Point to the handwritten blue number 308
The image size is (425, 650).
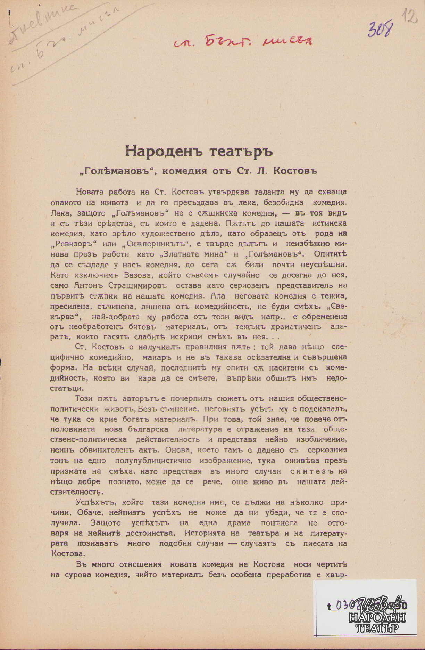380,29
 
